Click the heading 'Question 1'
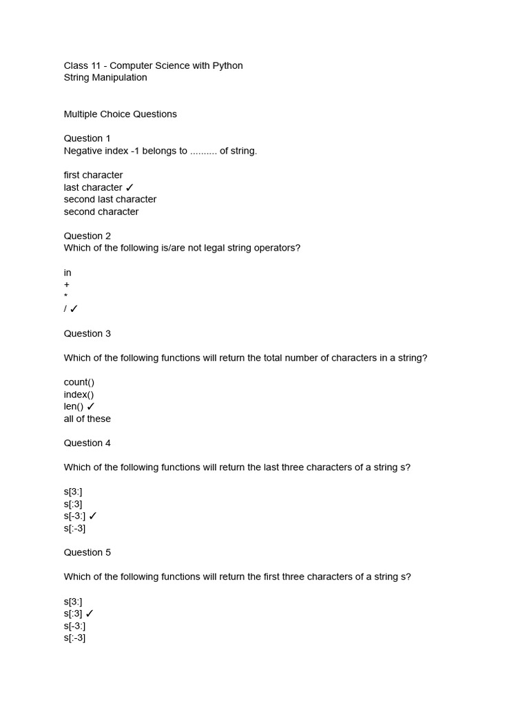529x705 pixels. point(87,138)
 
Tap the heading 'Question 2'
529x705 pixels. point(87,236)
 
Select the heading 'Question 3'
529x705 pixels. point(87,334)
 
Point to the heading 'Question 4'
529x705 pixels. point(87,443)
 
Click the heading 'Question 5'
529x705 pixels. point(87,553)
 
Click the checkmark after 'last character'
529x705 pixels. point(129,187)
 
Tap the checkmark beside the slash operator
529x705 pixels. point(74,309)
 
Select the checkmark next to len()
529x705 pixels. point(91,407)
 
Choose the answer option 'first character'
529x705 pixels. point(93,175)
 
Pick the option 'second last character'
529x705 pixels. point(110,200)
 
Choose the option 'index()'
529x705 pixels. point(79,394)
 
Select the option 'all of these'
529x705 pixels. point(87,419)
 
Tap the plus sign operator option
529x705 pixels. point(67,285)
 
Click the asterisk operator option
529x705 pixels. point(65,296)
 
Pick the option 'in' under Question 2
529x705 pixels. point(68,273)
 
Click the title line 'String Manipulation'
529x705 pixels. point(105,78)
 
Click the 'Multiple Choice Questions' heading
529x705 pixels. point(121,114)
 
